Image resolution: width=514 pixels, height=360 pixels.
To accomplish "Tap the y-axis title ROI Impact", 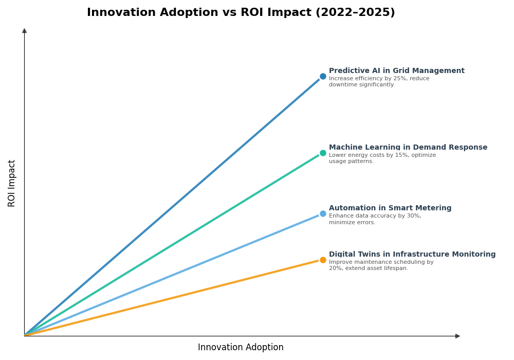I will pos(12,183).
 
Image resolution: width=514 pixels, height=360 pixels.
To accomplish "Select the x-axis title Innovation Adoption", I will pos(241,348).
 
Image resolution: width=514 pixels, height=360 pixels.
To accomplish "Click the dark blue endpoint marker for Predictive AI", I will pos(323,76).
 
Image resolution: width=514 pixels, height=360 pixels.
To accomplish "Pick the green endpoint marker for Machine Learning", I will pos(323,153).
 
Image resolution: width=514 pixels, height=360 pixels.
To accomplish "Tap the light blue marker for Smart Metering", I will pos(323,213).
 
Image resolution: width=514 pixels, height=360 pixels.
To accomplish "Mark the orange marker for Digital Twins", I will pos(323,260).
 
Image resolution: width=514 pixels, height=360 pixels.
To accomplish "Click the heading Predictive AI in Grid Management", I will pos(396,71).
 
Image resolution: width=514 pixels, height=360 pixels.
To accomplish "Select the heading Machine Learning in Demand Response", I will pos(408,148).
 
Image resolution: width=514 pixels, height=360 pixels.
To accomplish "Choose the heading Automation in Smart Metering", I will pos(390,208).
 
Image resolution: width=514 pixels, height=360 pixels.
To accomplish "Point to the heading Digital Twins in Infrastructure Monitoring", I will pos(412,255).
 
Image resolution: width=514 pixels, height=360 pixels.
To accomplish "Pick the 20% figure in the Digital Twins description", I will pos(335,268).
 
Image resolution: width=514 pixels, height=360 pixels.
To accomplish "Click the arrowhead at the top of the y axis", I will pos(24,31).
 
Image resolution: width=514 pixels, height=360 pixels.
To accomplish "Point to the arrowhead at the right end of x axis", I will pos(457,336).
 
